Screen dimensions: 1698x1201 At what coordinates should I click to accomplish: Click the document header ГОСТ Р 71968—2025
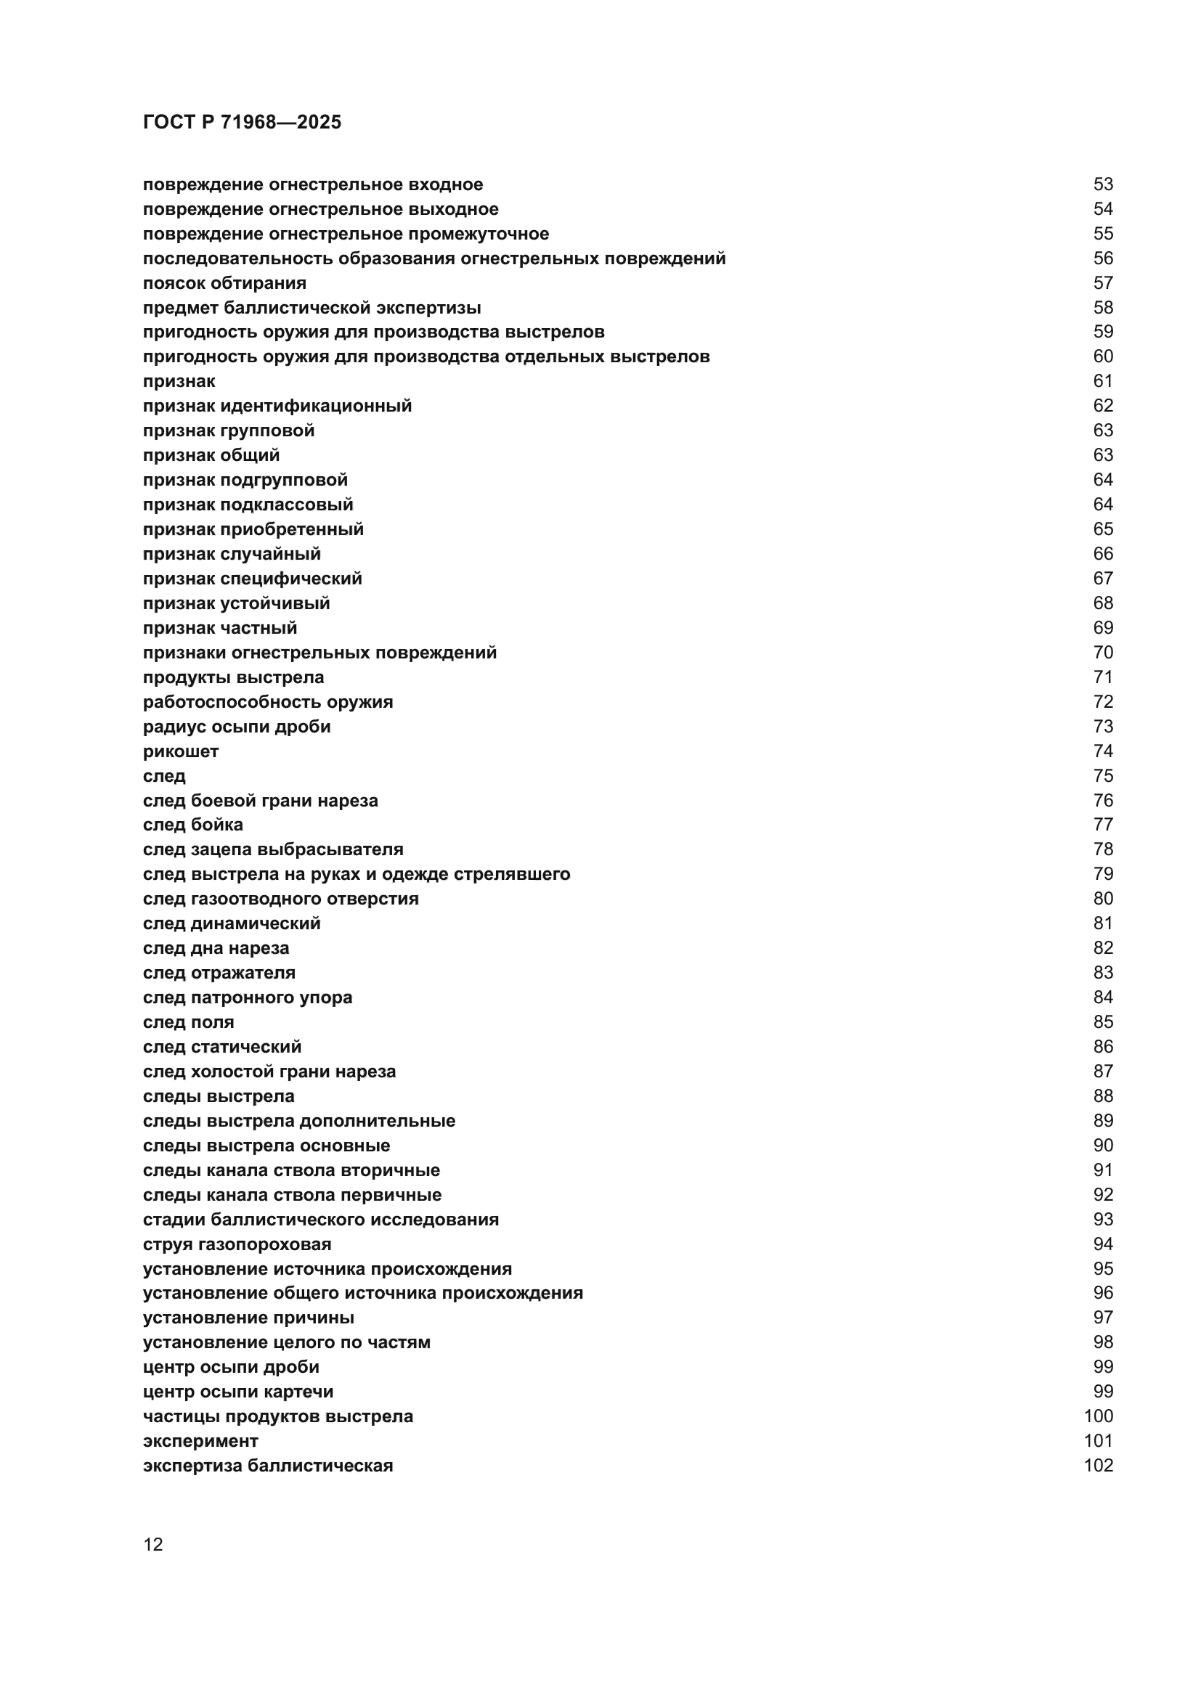[x=242, y=122]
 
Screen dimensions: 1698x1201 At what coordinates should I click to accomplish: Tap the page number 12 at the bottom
[x=153, y=1544]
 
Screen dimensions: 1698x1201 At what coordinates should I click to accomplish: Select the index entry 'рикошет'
[x=181, y=751]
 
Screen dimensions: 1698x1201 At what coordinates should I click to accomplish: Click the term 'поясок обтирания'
[x=224, y=283]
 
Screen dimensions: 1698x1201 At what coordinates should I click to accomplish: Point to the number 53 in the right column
[x=1103, y=184]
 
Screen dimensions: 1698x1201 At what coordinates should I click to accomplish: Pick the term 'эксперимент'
[x=200, y=1440]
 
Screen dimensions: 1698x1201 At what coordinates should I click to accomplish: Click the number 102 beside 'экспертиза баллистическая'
[x=1098, y=1465]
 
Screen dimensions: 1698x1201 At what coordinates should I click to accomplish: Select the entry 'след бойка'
[x=192, y=825]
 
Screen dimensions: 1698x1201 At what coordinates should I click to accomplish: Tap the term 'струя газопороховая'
[x=237, y=1244]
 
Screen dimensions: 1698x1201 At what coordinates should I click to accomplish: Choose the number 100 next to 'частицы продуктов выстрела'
[x=1098, y=1416]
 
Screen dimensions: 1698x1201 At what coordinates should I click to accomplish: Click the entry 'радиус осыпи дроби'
[x=237, y=726]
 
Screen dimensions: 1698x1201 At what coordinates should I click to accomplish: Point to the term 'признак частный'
[x=219, y=628]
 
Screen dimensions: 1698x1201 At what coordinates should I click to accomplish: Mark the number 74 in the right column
[x=1103, y=751]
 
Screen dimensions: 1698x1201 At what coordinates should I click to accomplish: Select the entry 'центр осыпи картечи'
[x=238, y=1391]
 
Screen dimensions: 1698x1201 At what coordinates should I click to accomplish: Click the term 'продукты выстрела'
[x=233, y=677]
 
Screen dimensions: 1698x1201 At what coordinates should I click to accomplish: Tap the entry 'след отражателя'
[x=219, y=973]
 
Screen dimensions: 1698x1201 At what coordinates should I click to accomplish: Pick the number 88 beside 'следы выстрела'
[x=1103, y=1096]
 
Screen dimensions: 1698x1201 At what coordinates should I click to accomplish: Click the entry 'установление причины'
[x=248, y=1317]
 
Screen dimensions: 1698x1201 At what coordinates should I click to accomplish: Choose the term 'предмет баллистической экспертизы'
[x=312, y=308]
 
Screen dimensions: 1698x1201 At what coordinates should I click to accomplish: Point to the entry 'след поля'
[x=188, y=1022]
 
